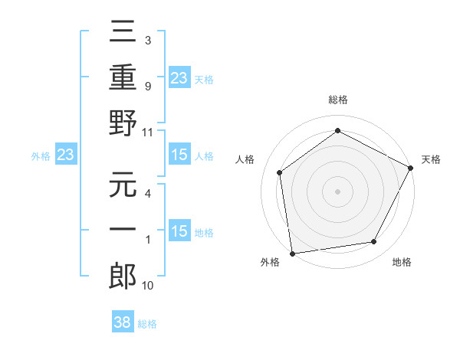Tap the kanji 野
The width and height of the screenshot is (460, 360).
(123, 123)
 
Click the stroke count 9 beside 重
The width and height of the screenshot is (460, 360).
(147, 87)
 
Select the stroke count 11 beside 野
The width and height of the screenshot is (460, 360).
(149, 132)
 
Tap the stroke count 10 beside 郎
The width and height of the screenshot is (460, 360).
(149, 286)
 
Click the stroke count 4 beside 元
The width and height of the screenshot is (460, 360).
(147, 195)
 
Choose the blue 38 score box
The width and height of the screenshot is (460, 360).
(123, 323)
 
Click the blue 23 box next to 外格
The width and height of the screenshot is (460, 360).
(65, 155)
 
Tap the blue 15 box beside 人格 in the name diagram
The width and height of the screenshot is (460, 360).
(179, 155)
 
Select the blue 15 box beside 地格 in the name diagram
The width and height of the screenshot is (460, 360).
(179, 232)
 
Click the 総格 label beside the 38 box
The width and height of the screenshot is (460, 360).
(147, 324)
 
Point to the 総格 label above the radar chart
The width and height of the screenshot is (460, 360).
(337, 100)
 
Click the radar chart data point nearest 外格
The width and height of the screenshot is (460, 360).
(292, 253)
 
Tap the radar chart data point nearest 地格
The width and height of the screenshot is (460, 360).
(374, 242)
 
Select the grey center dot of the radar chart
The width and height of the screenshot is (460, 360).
(337, 191)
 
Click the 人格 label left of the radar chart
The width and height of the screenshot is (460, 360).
(245, 159)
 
